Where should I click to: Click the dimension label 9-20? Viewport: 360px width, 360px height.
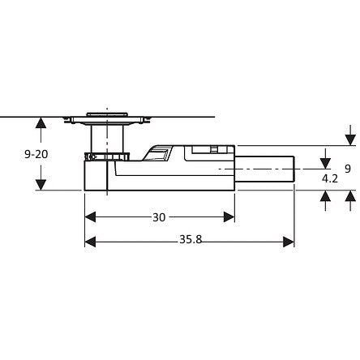click(x=36, y=154)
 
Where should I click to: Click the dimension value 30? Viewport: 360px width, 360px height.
click(x=159, y=217)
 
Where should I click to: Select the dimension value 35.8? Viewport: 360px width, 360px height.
click(x=191, y=239)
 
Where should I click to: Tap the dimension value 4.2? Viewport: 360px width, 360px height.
click(x=330, y=178)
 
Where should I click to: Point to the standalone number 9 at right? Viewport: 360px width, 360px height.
click(x=348, y=169)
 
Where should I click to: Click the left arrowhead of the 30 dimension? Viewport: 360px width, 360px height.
click(x=90, y=217)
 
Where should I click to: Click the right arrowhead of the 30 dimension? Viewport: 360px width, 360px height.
click(x=229, y=217)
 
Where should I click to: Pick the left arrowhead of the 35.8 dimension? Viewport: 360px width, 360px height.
click(x=90, y=242)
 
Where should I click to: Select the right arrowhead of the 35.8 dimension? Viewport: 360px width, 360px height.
click(x=289, y=242)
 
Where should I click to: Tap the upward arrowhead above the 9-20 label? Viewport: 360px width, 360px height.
click(x=41, y=122)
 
